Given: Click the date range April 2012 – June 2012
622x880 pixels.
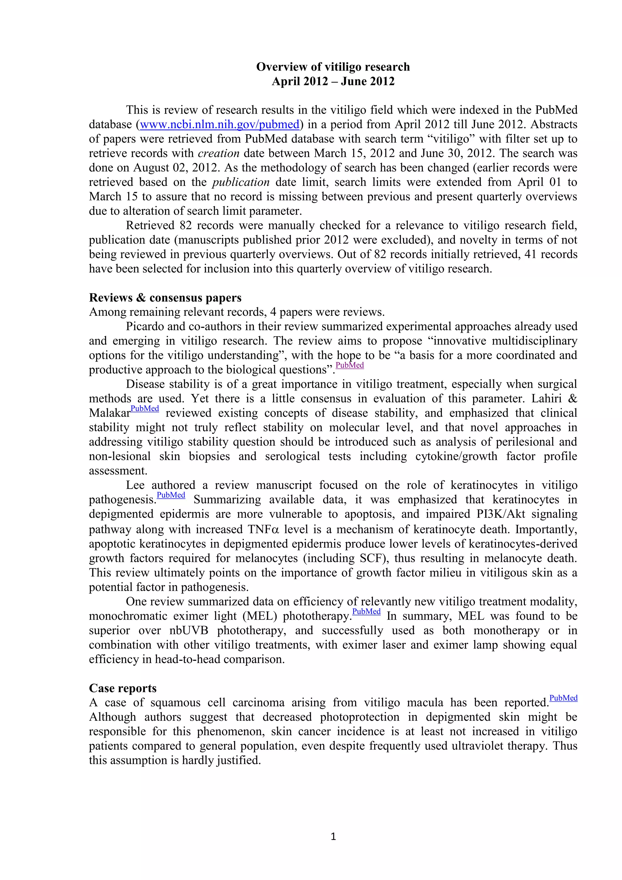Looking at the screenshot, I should pos(333,81).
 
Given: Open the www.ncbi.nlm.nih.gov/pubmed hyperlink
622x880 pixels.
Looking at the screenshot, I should pos(220,125).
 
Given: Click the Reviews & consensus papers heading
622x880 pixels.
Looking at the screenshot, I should pos(165,297).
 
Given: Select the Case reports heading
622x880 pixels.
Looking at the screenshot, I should pos(123,688).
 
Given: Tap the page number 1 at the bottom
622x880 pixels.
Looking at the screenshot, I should pos(333,836).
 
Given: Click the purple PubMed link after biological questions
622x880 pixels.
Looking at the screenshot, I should pos(349,365).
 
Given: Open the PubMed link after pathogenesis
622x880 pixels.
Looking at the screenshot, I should pos(171,495).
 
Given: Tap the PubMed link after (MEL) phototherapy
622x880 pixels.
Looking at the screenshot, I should pos(366,611).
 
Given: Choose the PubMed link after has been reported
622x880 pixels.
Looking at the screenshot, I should pos(563,698).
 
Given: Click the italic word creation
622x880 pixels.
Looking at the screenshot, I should pos(218,153).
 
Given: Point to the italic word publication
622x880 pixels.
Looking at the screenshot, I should pos(241,182).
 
